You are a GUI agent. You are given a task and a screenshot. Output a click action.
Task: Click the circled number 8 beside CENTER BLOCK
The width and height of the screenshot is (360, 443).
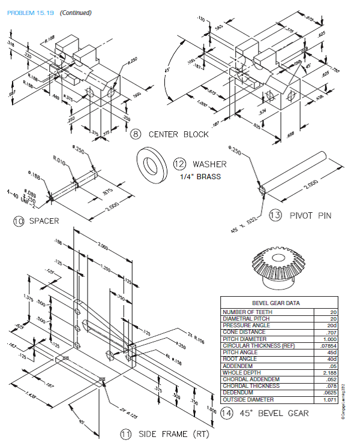pyautogui.click(x=136, y=134)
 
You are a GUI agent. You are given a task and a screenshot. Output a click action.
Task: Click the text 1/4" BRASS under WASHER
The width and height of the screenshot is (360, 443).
pyautogui.click(x=200, y=176)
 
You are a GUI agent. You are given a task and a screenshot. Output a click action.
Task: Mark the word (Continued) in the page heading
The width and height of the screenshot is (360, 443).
pyautogui.click(x=75, y=13)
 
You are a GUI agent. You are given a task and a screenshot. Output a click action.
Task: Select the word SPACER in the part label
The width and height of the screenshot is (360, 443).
pyautogui.click(x=43, y=221)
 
